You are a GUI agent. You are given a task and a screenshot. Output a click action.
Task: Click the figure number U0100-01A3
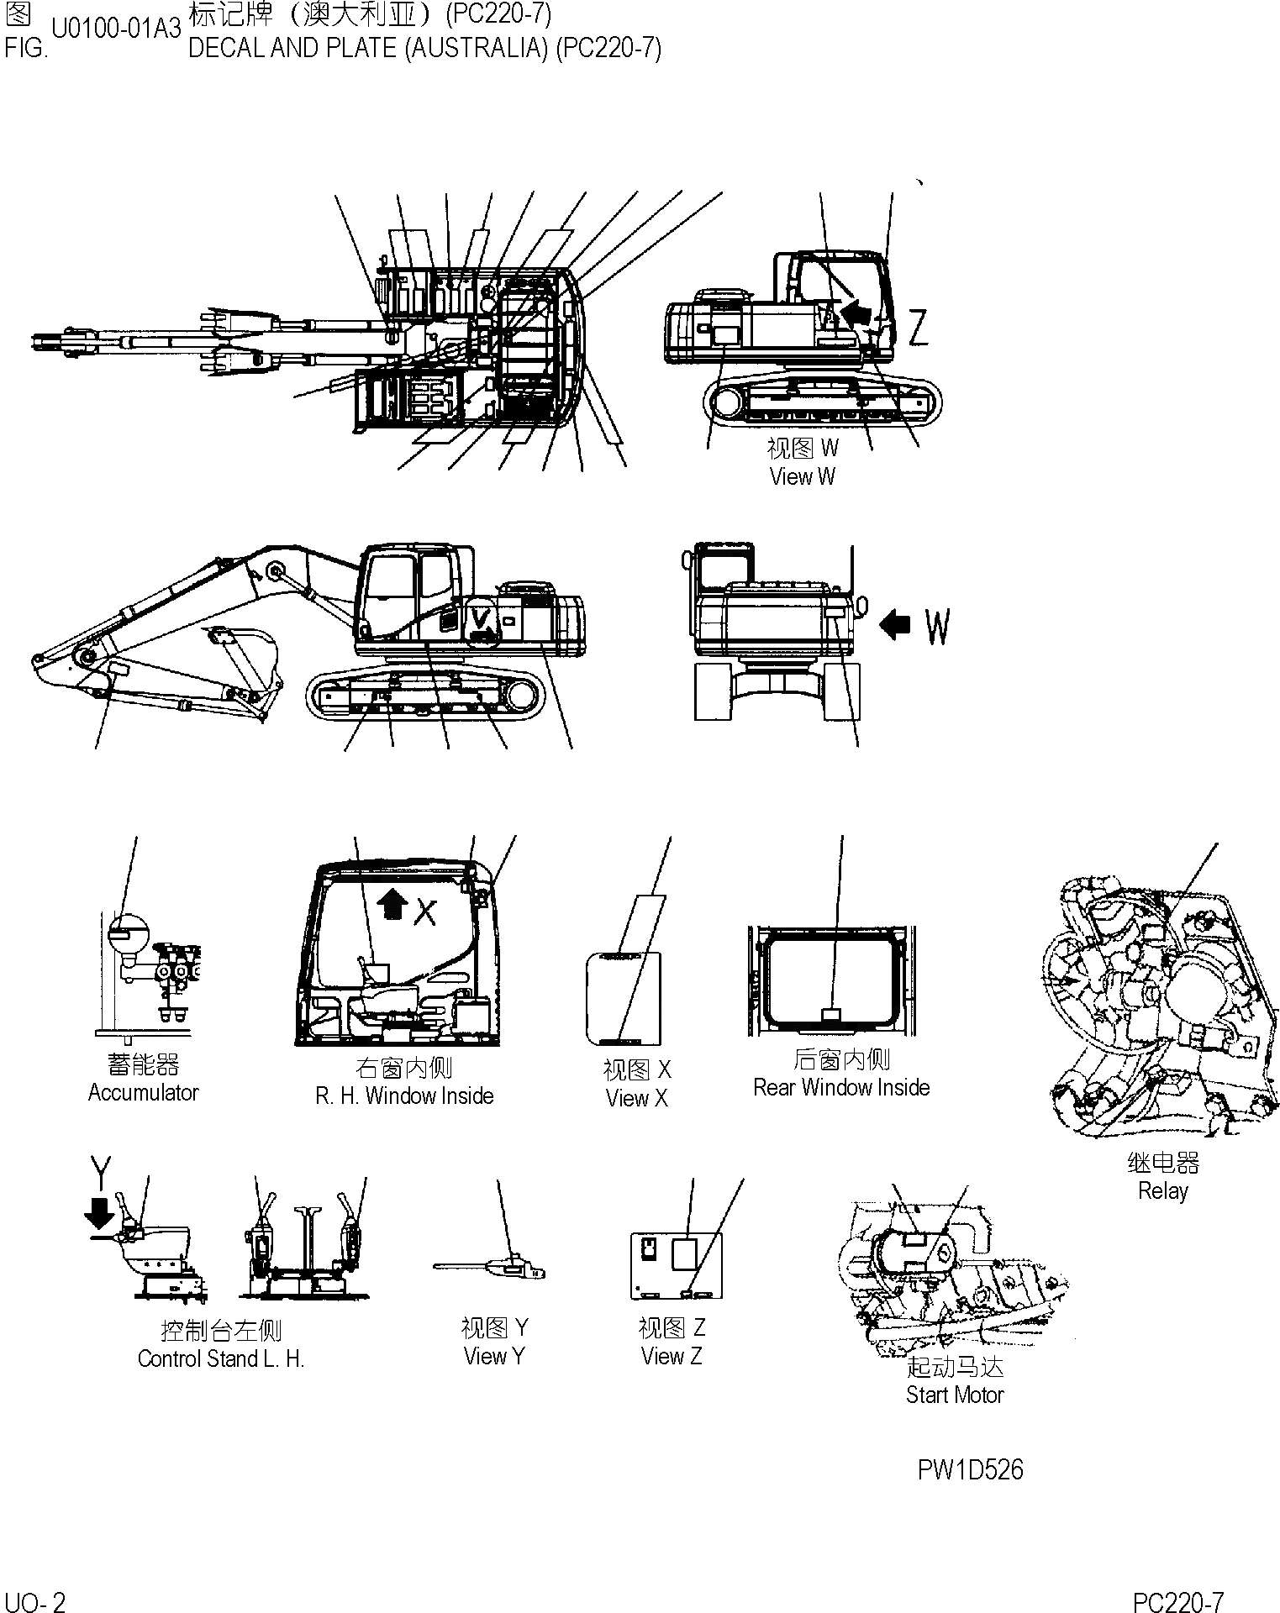[x=116, y=29]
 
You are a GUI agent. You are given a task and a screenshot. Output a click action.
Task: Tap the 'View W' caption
[x=802, y=476]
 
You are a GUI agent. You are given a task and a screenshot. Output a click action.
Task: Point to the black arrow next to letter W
[x=895, y=624]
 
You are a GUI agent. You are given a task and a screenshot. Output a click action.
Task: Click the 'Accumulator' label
[x=143, y=1093]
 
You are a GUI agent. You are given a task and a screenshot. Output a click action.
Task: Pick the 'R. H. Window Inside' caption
[x=404, y=1095]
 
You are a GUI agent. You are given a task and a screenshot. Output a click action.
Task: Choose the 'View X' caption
[x=636, y=1098]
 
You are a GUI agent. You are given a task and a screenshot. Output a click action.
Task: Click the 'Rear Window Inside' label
[x=841, y=1087]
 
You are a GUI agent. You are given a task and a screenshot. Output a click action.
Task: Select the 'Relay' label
[x=1162, y=1190]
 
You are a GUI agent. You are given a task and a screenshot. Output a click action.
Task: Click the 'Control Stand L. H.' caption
[x=220, y=1358]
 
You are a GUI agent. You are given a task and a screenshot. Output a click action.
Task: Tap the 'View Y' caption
[x=494, y=1356]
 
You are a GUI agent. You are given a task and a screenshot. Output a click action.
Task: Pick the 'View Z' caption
[x=671, y=1356]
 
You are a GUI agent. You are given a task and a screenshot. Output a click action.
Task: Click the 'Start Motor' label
[x=955, y=1395]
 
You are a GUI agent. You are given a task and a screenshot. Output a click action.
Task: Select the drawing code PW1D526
[x=970, y=1469]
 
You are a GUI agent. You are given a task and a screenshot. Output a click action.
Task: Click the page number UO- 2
[x=34, y=1602]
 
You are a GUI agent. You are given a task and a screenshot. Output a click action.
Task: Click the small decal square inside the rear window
[x=830, y=1015]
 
